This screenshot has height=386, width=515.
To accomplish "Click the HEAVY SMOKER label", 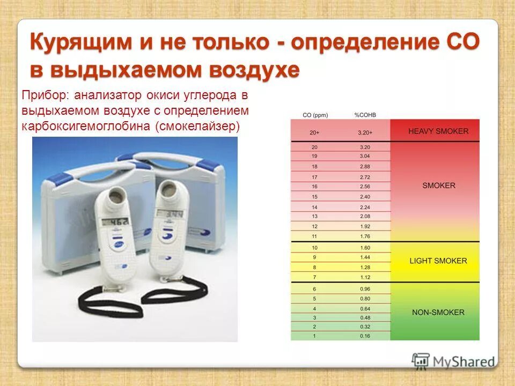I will [438, 131].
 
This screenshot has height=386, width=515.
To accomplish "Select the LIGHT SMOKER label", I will [438, 261].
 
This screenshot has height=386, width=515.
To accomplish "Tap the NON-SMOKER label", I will [438, 312].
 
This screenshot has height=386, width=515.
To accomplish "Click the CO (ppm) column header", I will [315, 115].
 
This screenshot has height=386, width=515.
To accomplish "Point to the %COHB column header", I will [365, 115].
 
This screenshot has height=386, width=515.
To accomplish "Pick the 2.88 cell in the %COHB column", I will [365, 167].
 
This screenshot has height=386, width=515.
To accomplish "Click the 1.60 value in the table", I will [365, 247].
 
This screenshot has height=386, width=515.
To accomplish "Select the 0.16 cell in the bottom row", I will [365, 336].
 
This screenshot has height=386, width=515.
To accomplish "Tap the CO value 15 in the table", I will [315, 197].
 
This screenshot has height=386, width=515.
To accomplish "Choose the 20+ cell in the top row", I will [315, 132].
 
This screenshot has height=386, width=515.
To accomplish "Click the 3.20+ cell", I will [365, 132].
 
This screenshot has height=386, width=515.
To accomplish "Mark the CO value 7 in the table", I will [315, 277].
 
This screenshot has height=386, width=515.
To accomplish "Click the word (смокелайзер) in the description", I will [198, 127].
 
